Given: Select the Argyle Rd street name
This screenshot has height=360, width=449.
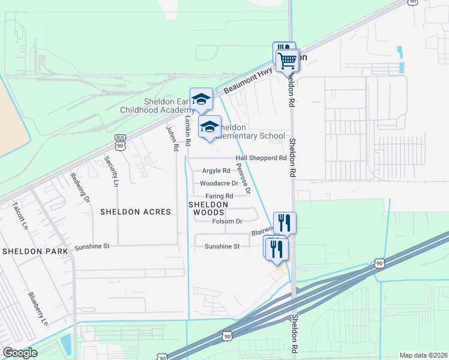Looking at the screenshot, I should (216, 171).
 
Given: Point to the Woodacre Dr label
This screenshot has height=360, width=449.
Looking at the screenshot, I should (219, 184).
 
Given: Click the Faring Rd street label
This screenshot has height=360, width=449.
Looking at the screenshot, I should (220, 196).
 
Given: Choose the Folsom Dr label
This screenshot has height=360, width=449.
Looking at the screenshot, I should (227, 221).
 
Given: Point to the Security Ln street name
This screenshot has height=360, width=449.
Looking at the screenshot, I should (109, 170).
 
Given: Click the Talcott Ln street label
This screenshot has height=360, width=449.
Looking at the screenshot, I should (20, 215).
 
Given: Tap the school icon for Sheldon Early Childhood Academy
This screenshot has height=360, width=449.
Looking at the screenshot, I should (201, 99).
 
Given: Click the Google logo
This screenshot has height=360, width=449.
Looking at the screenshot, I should (20, 353).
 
